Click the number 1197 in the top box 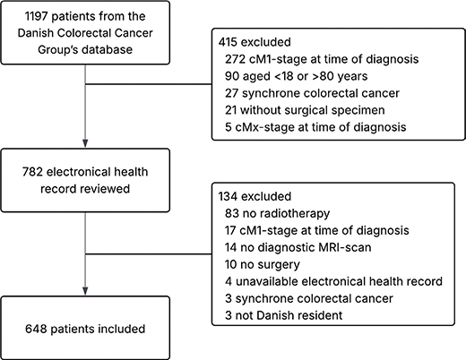36,16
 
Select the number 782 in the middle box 33,172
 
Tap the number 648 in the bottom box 36,329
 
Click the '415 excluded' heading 255,42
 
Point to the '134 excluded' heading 255,196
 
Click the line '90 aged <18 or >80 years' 297,76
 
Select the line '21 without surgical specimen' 305,110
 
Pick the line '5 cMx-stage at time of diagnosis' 315,127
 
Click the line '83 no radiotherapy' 278,213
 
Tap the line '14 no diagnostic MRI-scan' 298,247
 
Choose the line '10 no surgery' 263,265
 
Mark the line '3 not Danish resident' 284,315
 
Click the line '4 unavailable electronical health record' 333,281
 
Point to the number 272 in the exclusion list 235,59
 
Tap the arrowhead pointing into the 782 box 85,143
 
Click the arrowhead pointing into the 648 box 85,291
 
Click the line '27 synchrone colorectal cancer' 312,93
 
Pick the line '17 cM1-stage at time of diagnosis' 317,230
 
